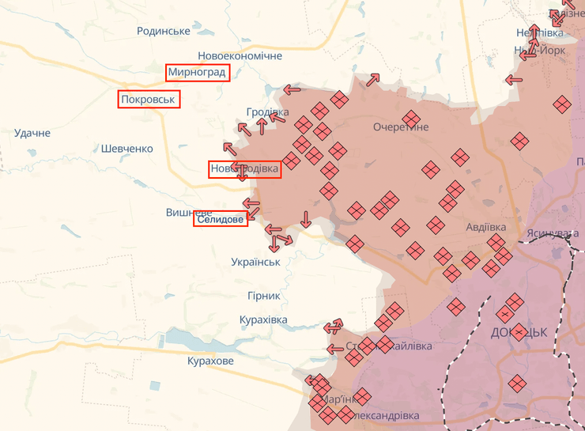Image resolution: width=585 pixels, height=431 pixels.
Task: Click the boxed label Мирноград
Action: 198,73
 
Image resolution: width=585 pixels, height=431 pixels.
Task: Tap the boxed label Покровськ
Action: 149,100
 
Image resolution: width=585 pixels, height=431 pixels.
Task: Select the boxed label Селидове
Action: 221,219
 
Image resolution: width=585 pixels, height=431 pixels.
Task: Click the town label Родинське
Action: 163,31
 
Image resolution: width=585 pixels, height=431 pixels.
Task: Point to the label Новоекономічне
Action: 240,56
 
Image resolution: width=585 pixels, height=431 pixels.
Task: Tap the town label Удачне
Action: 32,133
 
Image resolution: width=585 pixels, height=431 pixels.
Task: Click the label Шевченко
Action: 126,148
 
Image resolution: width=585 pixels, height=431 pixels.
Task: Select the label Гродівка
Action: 267,112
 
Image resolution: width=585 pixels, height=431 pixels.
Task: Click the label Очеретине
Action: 401,127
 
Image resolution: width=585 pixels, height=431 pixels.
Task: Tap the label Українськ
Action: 255,262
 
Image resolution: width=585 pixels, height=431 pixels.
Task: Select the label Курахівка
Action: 263,320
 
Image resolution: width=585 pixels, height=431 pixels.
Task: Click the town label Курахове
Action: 210,361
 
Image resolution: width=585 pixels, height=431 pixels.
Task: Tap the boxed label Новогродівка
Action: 244,169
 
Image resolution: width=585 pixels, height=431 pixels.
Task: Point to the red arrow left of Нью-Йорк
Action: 514,79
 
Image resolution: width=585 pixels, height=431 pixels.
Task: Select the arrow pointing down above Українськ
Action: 306,219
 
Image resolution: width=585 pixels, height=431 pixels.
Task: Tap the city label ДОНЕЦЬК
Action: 519,332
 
